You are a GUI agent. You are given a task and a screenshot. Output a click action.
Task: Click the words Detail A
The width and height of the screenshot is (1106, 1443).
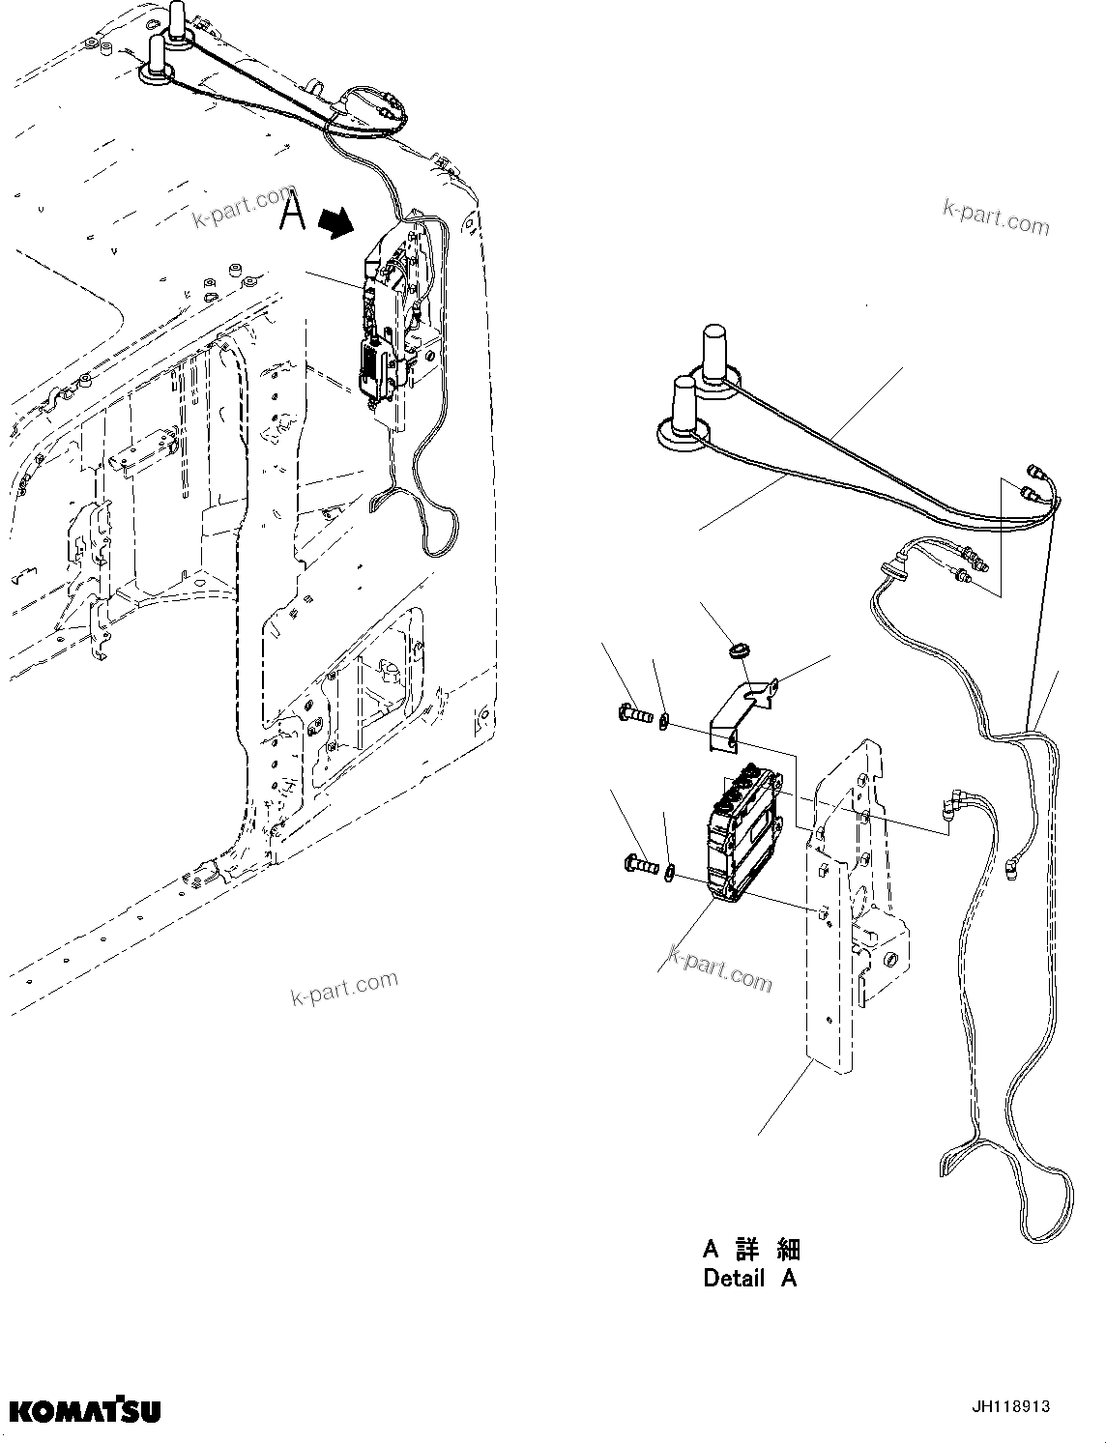pyautogui.click(x=750, y=1278)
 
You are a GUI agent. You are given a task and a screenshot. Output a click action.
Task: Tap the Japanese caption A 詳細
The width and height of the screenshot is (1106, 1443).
pyautogui.click(x=751, y=1249)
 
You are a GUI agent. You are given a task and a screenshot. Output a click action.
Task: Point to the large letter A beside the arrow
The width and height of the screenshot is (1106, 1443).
pyautogui.click(x=292, y=212)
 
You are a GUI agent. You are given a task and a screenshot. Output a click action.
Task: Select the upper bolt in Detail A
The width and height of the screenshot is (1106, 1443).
pyautogui.click(x=636, y=716)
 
